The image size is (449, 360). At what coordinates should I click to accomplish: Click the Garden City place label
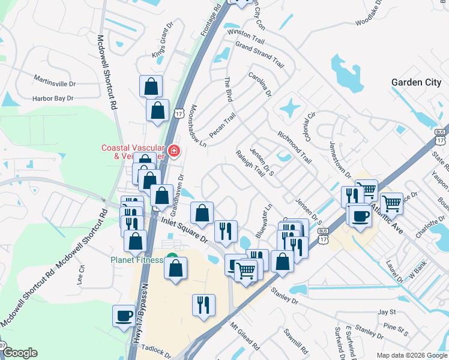coord(416,83)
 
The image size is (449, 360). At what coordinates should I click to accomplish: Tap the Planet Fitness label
coord(136,260)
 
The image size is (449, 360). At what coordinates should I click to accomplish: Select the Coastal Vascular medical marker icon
coord(174,150)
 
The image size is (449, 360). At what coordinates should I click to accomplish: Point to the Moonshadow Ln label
coord(198,126)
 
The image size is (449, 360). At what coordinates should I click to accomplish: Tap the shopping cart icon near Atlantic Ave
coord(391,203)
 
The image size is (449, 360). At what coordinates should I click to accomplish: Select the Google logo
coord(20,353)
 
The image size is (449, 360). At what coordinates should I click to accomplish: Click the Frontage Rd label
coord(210,20)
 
